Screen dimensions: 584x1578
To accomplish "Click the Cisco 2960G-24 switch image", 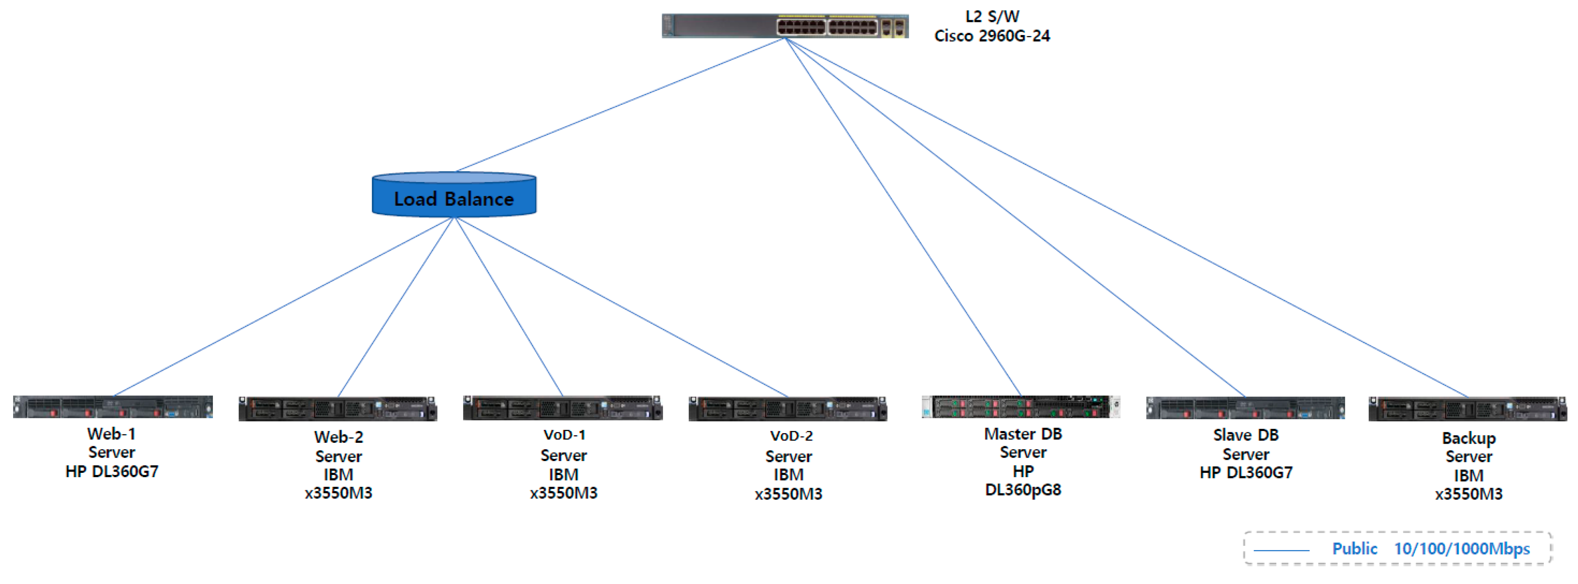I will [784, 26].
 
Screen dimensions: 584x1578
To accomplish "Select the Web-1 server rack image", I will [113, 407].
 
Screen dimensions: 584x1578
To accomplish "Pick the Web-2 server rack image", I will [338, 409].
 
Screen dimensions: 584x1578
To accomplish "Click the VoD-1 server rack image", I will [562, 408].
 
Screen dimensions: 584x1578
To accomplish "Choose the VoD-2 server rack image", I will [788, 409].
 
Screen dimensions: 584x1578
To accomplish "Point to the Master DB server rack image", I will [1021, 407].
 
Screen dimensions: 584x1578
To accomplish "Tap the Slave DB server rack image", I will [1246, 407].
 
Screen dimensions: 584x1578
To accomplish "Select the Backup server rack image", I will [1468, 409].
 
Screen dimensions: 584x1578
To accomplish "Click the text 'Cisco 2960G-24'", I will [992, 36].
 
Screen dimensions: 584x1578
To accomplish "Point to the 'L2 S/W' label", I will [992, 16].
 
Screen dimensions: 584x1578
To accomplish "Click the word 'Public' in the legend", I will [1355, 549].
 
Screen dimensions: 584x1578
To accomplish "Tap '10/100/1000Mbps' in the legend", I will [1462, 549].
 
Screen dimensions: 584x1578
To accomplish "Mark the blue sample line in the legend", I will [1281, 550].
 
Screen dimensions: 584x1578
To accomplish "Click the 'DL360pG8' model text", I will [1023, 490].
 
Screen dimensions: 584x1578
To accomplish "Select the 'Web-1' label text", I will [112, 434].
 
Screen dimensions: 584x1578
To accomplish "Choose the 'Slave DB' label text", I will [1246, 435].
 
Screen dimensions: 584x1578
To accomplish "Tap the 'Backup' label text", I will [1468, 438].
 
